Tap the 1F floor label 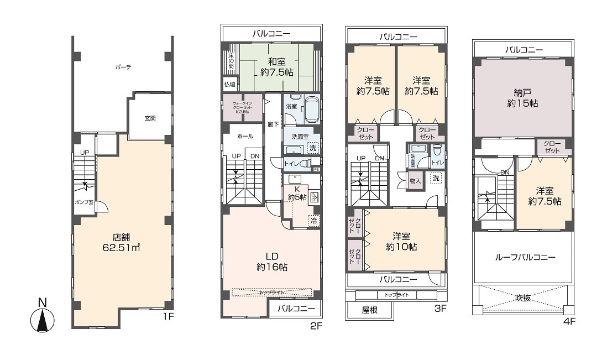click(x=168, y=317)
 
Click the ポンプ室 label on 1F click(x=84, y=202)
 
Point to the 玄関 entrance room click(x=150, y=118)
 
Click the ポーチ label click(x=123, y=67)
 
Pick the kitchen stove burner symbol click(x=314, y=197)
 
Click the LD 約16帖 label click(x=271, y=261)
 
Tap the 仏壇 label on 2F click(x=229, y=85)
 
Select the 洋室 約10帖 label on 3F click(x=401, y=241)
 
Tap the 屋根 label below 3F click(x=369, y=310)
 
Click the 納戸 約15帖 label click(x=522, y=97)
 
